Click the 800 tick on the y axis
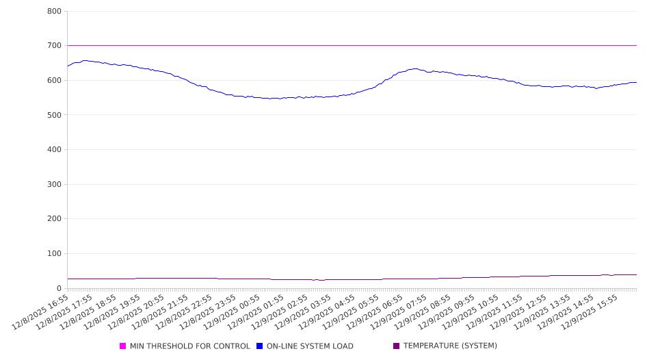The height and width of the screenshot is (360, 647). point(54,12)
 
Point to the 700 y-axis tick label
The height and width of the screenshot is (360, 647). point(54,46)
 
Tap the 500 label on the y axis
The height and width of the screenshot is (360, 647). point(54,115)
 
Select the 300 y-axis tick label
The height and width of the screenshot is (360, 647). point(54,184)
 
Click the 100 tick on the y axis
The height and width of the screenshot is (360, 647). point(54,254)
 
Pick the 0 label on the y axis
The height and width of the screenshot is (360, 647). point(59,288)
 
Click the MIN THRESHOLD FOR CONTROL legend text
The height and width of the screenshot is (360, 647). point(189,346)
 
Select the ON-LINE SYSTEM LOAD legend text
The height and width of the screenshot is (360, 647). point(309,346)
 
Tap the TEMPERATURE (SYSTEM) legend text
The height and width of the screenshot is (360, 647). point(450,346)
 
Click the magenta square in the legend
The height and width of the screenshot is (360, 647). point(123,346)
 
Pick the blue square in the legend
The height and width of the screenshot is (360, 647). point(260,346)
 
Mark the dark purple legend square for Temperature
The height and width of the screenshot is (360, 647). point(397,346)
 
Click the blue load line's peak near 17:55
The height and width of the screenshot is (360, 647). point(85,60)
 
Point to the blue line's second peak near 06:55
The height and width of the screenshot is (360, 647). point(414,68)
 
